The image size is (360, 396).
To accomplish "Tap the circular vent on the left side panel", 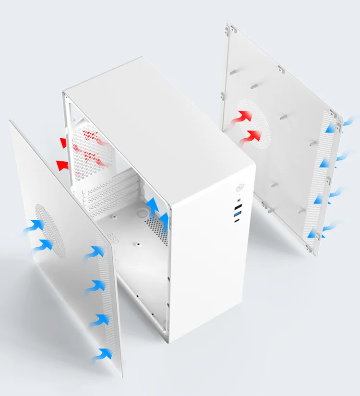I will [49, 229].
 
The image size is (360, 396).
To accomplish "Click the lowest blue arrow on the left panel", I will [102, 355].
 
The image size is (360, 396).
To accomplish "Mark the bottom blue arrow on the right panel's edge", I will [314, 234].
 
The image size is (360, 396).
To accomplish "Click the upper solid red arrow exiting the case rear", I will [63, 142].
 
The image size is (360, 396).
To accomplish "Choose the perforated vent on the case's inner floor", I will [157, 226].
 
